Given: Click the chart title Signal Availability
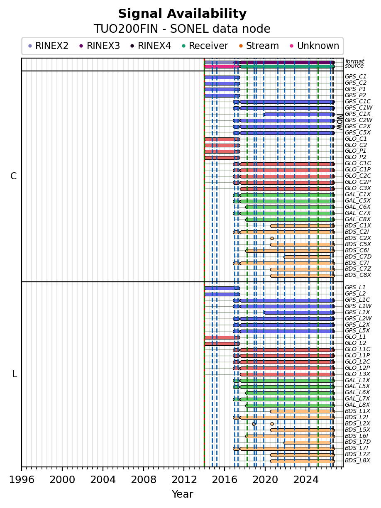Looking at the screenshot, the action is tap(182, 14).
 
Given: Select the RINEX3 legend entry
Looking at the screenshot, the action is tap(100, 46).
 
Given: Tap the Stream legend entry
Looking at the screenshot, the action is tap(259, 46).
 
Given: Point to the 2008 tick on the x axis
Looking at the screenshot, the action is tap(144, 469).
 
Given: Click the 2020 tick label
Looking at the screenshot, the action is tap(265, 479).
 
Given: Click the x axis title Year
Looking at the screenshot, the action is tap(182, 494).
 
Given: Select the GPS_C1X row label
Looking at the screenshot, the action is tap(357, 114).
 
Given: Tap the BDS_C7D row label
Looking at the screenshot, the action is tap(358, 256).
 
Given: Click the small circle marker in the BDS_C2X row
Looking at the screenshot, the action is tap(272, 238).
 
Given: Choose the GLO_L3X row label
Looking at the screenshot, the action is tap(357, 374).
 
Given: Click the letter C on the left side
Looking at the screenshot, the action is tap(13, 176).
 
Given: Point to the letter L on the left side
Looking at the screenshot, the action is tap(15, 374).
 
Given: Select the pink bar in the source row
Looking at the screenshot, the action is tap(222, 67).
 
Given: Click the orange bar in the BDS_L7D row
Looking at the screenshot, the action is tap(307, 442).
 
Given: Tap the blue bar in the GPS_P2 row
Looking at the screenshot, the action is tap(222, 95).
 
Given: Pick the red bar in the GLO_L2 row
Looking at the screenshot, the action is tap(222, 344).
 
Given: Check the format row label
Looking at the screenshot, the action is tap(354, 61).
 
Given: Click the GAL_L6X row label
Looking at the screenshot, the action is tap(357, 392).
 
